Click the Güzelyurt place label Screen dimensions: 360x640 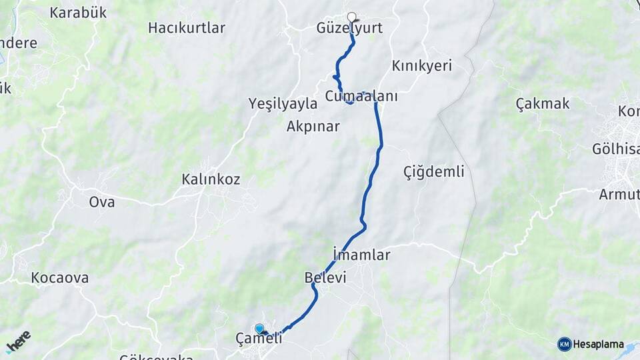click(349, 29)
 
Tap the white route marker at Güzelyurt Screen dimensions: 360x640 click(351, 17)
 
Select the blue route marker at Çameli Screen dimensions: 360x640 click(259, 328)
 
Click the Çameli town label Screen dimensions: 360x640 click(259, 339)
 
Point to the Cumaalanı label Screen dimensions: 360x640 click(361, 97)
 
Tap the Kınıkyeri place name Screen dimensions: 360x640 click(422, 66)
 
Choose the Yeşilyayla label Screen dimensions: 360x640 click(283, 103)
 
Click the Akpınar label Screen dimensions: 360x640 click(313, 126)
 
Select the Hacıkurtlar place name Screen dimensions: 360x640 click(187, 28)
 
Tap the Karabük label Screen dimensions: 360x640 click(78, 12)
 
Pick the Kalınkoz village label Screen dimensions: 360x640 click(211, 179)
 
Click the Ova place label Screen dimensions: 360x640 click(102, 202)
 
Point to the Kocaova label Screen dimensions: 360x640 click(59, 278)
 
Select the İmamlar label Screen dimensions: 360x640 click(361, 255)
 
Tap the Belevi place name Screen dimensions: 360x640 click(325, 278)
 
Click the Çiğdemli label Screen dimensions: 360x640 click(434, 172)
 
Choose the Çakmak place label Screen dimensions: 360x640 click(543, 103)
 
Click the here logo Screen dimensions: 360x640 click(18, 341)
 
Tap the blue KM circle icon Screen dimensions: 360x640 click(564, 344)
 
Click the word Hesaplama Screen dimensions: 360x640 click(599, 345)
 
